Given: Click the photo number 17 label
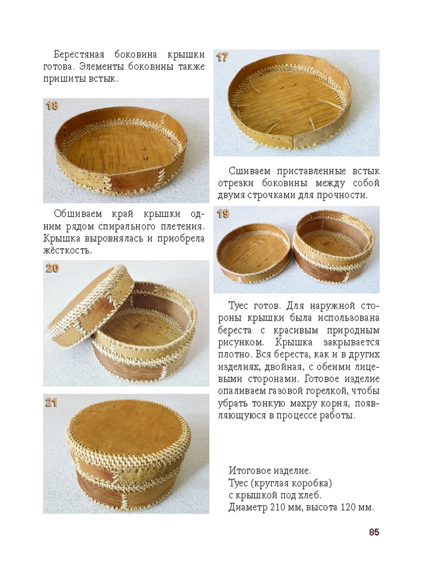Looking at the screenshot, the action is pos(222,57).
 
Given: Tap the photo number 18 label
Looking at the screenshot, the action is pos(52,106).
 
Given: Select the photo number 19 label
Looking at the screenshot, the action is pos(223,214).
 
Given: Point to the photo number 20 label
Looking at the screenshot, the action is pos(52,268).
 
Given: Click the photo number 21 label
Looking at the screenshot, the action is pos(51,403).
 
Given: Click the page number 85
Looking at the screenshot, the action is pos(374,532).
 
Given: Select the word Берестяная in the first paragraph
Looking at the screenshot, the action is pos(79,55).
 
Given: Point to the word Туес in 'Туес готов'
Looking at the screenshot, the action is pos(239,305).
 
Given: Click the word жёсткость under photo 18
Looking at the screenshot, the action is pos(67,251).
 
